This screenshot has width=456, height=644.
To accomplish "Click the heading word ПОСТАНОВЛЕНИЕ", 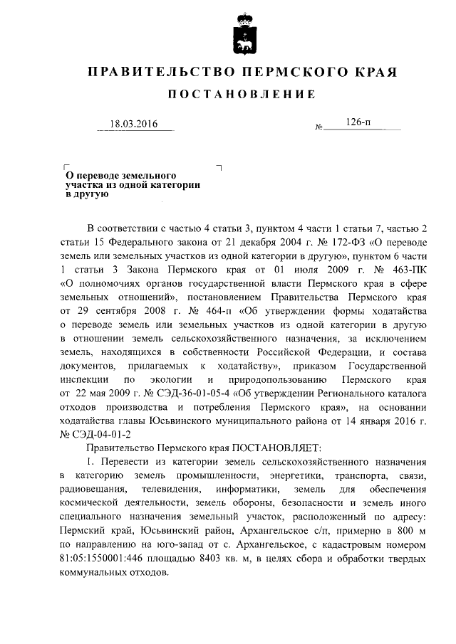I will [241, 95].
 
